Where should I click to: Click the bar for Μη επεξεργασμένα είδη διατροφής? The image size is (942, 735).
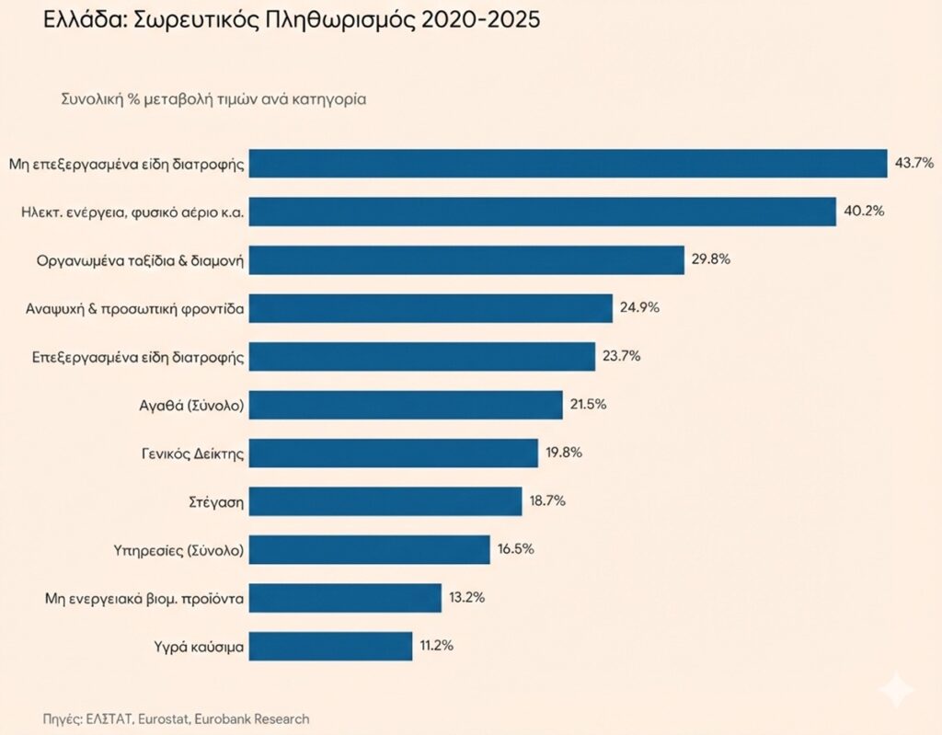(568, 163)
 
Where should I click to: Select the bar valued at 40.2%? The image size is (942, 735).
(542, 211)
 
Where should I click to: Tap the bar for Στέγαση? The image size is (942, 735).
(385, 501)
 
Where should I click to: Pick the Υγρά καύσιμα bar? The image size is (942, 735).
(330, 646)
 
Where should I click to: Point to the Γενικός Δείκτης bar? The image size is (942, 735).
(393, 453)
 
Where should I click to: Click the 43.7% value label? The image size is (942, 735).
(913, 163)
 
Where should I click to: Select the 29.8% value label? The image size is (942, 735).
(710, 259)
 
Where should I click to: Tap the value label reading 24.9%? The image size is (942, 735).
(638, 308)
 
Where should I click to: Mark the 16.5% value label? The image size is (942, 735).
(515, 549)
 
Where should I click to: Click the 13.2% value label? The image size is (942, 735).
(466, 598)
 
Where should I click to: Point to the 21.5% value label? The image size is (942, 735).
(588, 405)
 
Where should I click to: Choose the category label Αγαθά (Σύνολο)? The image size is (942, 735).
(190, 405)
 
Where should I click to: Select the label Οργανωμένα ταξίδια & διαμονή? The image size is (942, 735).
(132, 260)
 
